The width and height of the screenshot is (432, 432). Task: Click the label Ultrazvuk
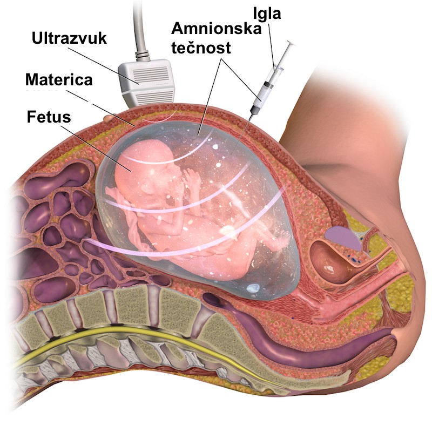pyautogui.click(x=69, y=38)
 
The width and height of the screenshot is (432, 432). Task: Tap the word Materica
pyautogui.click(x=59, y=79)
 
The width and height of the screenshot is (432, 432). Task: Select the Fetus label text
pyautogui.click(x=49, y=117)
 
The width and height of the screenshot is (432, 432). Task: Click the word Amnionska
pyautogui.click(x=217, y=28)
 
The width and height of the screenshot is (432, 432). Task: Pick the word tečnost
pyautogui.click(x=201, y=47)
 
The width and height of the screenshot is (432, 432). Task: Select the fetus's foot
pyautogui.click(x=281, y=240)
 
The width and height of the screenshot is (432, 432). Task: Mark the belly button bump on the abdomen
pyautogui.click(x=109, y=118)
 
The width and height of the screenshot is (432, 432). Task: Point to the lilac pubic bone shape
pyautogui.click(x=342, y=236)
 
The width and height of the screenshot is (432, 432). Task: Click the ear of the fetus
pyautogui.click(x=146, y=188)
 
